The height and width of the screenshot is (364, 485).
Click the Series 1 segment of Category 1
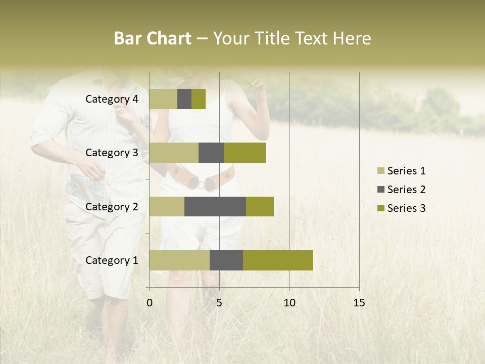coord(179,260)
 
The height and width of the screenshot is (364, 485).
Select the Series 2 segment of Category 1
coord(226,260)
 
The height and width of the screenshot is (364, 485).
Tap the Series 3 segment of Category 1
coord(278,260)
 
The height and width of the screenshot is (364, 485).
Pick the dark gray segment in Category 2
coord(215,206)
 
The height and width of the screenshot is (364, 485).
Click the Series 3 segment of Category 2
coord(260,206)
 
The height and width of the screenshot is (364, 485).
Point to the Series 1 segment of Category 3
coord(174,153)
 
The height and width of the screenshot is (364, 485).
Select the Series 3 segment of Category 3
coord(245,153)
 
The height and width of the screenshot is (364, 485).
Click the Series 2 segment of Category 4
coord(184,99)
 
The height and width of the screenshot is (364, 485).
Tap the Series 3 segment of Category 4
coord(199,99)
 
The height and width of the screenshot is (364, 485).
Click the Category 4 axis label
coord(112,99)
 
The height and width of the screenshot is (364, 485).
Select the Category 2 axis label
coord(112,206)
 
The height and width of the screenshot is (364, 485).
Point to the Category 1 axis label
coord(112,260)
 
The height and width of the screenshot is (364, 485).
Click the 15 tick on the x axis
coord(359,303)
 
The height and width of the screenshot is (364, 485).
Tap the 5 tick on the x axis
coord(219,303)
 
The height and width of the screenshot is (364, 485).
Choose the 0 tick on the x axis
coord(150,303)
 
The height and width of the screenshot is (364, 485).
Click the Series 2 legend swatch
coord(380,190)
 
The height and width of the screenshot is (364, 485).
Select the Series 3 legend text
coord(406,208)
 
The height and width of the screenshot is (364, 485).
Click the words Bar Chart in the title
coord(153,38)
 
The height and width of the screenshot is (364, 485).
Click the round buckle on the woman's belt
coord(202,185)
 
